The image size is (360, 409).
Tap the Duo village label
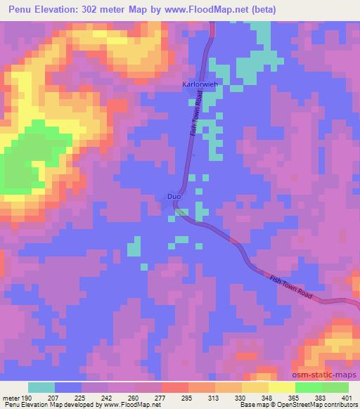tap(174, 197)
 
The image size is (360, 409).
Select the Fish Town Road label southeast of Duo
tap(289, 285)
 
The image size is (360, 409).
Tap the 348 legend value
tap(256, 397)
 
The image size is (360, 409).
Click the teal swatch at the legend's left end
tap(41, 387)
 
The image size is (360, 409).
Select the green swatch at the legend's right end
tap(335, 387)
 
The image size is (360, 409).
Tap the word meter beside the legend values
tap(12, 397)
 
